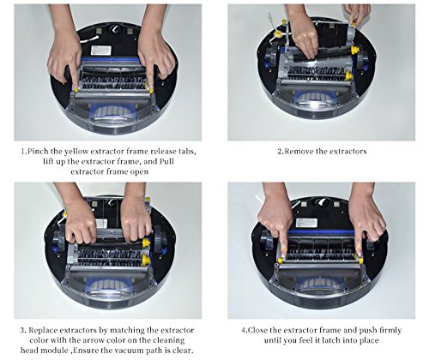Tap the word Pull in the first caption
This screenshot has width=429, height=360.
click(x=166, y=161)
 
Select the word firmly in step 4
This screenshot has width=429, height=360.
click(x=390, y=330)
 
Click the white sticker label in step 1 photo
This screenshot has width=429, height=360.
click(x=101, y=51)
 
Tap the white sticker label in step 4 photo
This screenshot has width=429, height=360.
click(x=306, y=223)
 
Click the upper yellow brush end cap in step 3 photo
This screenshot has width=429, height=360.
click(x=146, y=243)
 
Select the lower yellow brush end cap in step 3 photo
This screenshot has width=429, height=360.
click(x=146, y=260)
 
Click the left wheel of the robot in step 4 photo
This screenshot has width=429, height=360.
click(x=268, y=240)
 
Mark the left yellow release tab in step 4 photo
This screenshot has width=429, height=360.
click(x=281, y=261)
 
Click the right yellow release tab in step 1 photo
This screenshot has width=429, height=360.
click(x=150, y=91)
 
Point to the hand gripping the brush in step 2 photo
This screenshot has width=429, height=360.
click(x=305, y=37)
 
